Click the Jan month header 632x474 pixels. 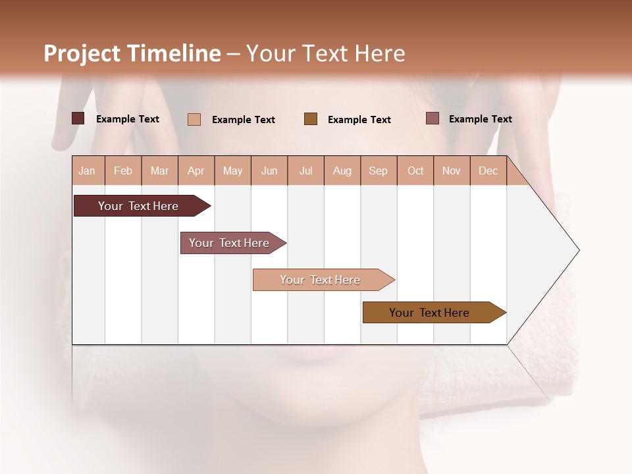click(x=88, y=171)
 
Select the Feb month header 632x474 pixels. click(x=123, y=171)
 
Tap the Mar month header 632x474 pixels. click(x=159, y=171)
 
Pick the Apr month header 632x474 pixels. click(x=196, y=171)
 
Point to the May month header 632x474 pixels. click(x=232, y=171)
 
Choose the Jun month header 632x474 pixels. click(x=269, y=171)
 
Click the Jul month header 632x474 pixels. click(x=305, y=171)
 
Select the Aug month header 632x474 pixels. click(x=342, y=171)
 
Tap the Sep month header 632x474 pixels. click(x=379, y=171)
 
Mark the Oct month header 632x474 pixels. click(x=415, y=171)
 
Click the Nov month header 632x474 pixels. click(x=452, y=171)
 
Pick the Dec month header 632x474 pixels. click(x=488, y=171)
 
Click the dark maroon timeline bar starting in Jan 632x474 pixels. click(x=139, y=206)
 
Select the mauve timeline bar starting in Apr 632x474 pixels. click(x=230, y=243)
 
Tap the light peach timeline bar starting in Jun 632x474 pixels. click(x=321, y=280)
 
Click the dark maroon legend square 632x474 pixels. click(x=78, y=118)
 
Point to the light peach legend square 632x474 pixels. click(x=194, y=119)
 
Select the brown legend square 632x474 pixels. click(x=311, y=118)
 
